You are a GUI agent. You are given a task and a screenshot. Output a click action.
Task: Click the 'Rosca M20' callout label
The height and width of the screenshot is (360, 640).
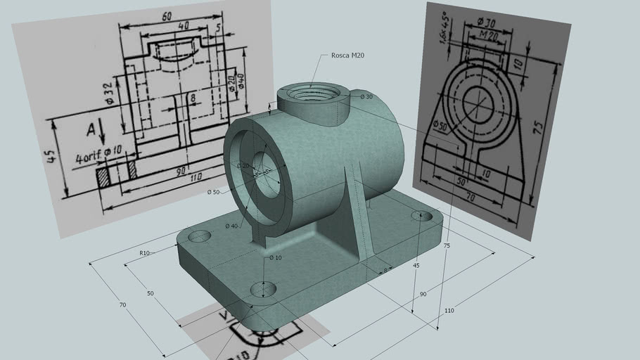click(x=347, y=56)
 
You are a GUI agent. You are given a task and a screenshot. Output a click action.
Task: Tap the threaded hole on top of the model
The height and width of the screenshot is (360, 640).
click(x=312, y=94)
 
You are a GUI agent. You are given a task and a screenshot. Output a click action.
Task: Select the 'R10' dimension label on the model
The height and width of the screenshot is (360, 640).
click(x=144, y=253)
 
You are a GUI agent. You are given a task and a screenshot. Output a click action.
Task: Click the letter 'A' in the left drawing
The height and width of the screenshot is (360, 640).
click(x=91, y=129)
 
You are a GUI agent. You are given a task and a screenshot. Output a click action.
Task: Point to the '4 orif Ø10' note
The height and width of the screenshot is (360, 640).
click(x=99, y=156)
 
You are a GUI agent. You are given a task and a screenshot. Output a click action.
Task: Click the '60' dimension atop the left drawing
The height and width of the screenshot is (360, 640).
click(x=166, y=15)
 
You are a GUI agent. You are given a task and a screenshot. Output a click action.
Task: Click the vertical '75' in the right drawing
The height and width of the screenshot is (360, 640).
click(x=538, y=127)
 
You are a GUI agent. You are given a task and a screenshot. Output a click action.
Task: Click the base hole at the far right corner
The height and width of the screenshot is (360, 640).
click(x=421, y=216)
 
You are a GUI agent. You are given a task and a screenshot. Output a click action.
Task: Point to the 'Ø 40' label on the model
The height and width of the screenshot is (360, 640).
click(x=231, y=226)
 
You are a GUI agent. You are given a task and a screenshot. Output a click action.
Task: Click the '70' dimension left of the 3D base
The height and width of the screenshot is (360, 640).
click(x=122, y=305)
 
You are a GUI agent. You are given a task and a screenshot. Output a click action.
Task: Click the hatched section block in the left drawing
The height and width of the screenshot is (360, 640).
click(x=103, y=174)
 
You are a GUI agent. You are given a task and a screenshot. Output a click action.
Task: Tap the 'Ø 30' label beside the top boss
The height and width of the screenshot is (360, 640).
click(x=366, y=96)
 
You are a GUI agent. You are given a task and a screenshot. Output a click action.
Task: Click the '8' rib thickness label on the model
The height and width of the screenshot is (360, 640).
click(x=385, y=270)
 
